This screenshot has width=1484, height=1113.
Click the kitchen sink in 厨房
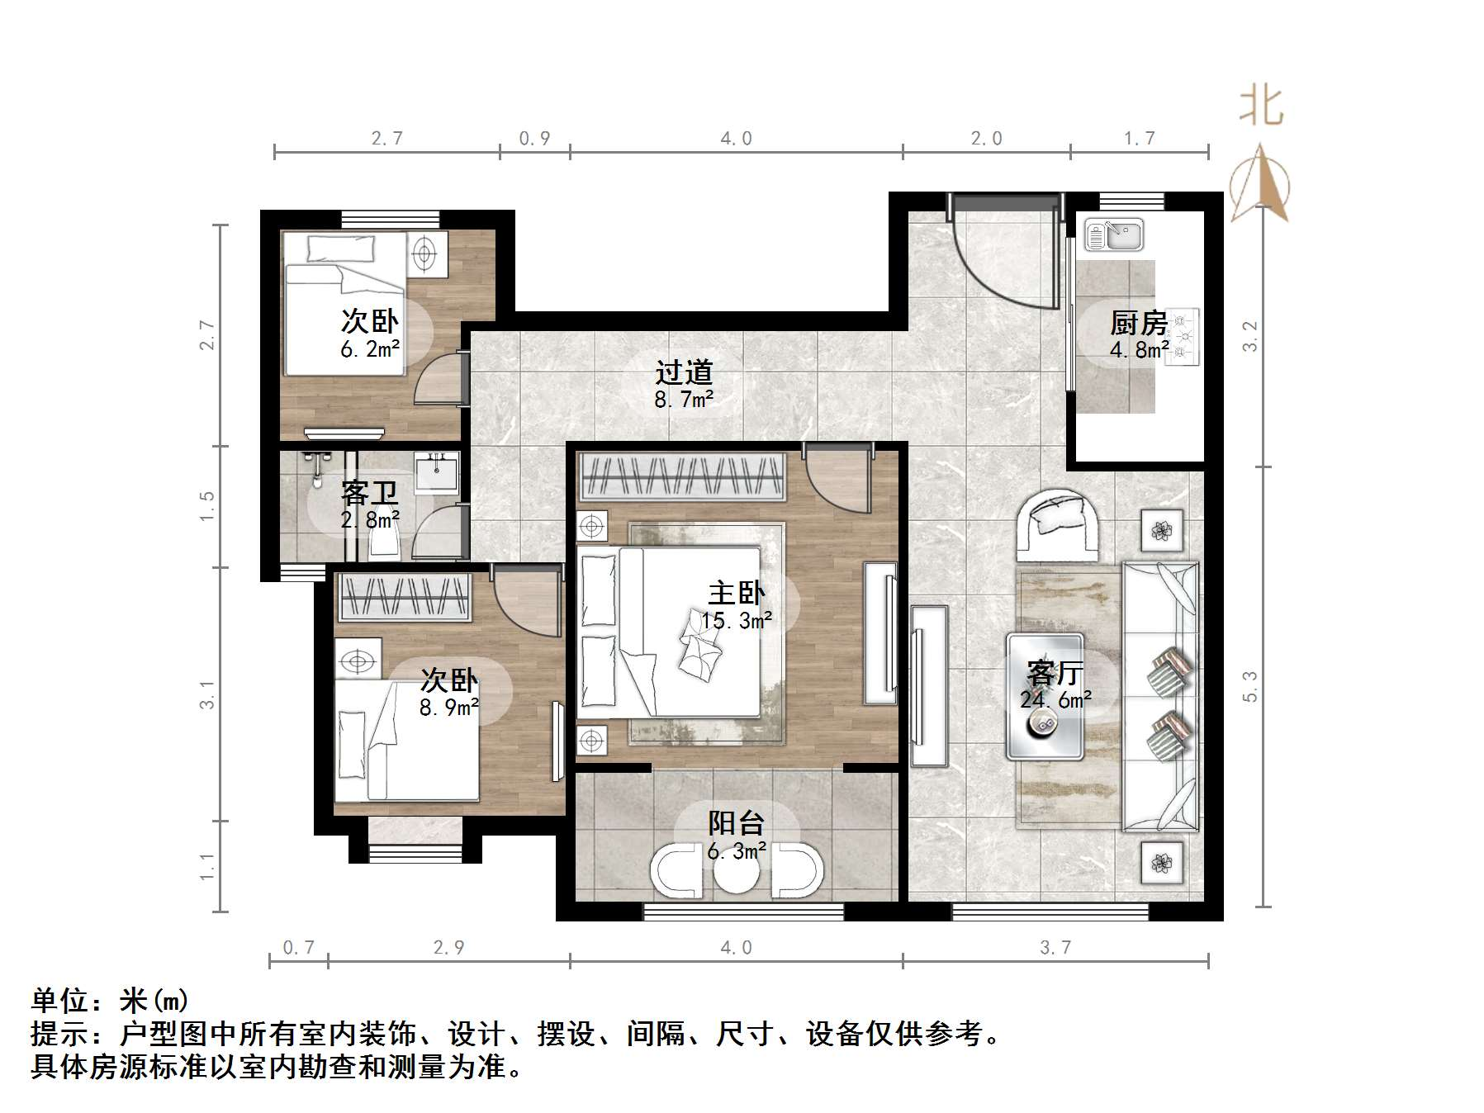pyautogui.click(x=1114, y=235)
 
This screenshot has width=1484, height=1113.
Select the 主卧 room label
pyautogui.click(x=736, y=593)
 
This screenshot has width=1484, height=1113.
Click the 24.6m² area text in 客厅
pyautogui.click(x=1055, y=700)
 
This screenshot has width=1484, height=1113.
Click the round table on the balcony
pyautogui.click(x=737, y=872)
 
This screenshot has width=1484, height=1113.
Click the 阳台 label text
pyautogui.click(x=736, y=823)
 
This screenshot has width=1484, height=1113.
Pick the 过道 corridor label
pyautogui.click(x=684, y=373)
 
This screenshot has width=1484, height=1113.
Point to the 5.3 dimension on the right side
pyautogui.click(x=1249, y=686)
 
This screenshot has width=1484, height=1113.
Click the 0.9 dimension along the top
pyautogui.click(x=534, y=139)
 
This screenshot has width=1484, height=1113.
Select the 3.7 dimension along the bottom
pyautogui.click(x=1055, y=948)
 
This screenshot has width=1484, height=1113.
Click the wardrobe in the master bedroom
pyautogui.click(x=682, y=476)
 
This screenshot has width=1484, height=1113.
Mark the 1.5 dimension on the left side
pyautogui.click(x=206, y=505)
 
